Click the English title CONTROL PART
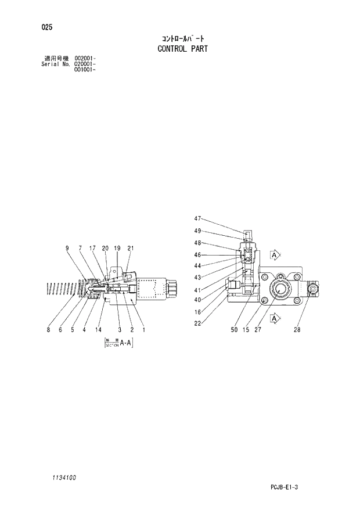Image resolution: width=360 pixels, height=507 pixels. (182, 49)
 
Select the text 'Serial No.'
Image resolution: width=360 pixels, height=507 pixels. (55, 64)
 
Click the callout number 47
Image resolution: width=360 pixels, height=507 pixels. (197, 219)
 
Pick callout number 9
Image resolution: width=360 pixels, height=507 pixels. (67, 249)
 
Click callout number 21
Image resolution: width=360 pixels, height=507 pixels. (131, 249)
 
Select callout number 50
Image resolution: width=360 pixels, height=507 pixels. (234, 330)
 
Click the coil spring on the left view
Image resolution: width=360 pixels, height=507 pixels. (61, 289)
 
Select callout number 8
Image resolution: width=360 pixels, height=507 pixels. (48, 330)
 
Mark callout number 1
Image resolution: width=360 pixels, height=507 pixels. (143, 330)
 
